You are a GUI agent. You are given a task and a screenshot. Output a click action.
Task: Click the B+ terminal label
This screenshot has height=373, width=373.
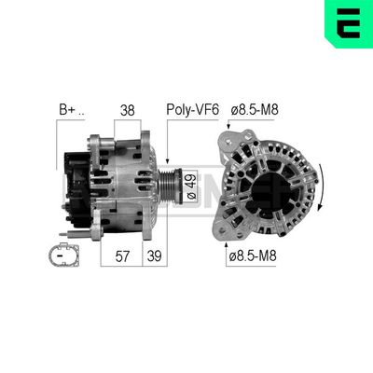(x=71, y=110)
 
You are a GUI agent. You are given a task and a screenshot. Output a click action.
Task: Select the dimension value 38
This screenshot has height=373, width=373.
(x=128, y=110)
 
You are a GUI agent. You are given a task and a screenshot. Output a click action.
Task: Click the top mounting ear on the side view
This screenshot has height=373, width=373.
(x=96, y=142)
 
